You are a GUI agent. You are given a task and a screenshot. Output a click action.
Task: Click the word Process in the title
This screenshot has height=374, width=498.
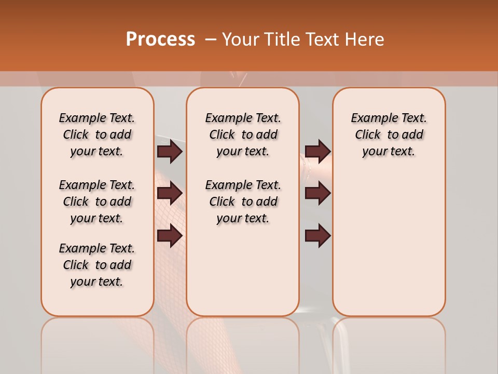(160, 39)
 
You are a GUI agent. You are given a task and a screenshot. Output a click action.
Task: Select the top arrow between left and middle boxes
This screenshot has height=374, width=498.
(169, 151)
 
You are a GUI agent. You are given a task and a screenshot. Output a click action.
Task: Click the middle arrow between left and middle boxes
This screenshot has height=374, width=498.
(169, 193)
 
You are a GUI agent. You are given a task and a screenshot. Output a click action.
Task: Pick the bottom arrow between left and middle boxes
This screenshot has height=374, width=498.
(169, 235)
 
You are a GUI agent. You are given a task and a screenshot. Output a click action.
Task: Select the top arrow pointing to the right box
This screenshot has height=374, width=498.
(317, 151)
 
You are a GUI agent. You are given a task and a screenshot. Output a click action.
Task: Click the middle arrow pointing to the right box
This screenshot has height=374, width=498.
(317, 193)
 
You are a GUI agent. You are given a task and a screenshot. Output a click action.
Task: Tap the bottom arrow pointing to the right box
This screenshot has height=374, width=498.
(317, 235)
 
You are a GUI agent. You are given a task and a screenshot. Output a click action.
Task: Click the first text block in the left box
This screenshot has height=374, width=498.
(97, 135)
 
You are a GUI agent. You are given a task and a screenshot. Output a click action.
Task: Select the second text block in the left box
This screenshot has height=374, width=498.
(97, 202)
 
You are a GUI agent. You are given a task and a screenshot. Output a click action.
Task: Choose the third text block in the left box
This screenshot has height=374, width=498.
(97, 265)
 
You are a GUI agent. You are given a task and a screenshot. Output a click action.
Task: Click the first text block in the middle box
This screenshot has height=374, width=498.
(243, 135)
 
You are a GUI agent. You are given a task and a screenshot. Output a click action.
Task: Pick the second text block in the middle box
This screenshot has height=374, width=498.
(243, 202)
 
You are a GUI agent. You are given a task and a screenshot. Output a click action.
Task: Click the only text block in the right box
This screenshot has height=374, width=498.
(389, 135)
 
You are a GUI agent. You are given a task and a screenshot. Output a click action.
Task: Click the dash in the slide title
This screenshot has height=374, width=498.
(211, 39)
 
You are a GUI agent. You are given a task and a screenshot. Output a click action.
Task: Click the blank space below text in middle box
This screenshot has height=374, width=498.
(243, 270)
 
